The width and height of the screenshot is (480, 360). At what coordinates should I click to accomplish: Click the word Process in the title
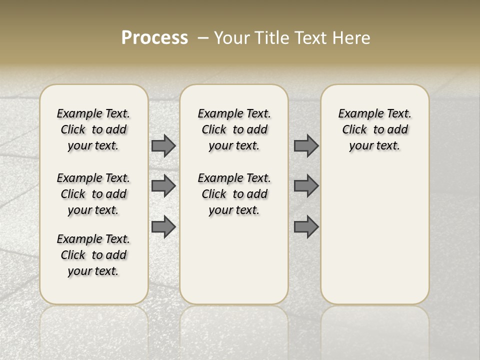coord(154,38)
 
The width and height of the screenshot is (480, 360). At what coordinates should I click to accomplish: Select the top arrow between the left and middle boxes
coord(163,145)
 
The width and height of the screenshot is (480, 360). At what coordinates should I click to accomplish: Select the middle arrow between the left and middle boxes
coord(163,186)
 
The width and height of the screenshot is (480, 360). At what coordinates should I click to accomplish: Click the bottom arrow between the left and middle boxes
coord(163,227)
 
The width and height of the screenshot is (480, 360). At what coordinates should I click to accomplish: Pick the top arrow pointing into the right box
coord(306,145)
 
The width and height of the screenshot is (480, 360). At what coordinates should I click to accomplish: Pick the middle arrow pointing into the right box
coord(306,186)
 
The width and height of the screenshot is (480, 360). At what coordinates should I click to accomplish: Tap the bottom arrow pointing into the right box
coord(306,227)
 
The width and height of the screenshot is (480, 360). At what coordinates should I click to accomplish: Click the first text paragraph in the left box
coord(93,129)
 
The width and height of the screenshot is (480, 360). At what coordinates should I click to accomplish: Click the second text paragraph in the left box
coord(93,194)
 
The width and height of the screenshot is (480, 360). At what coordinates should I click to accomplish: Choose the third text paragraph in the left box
coord(93,255)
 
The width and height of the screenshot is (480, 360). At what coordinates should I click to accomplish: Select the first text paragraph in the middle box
coord(234,129)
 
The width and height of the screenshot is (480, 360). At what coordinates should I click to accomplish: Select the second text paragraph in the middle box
coord(234,194)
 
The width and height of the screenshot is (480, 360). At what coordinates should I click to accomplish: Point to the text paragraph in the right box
coord(375,129)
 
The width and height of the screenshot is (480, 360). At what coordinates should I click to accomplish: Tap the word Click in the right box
coord(354,130)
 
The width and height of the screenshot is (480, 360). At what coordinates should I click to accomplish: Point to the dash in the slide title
coord(203,38)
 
